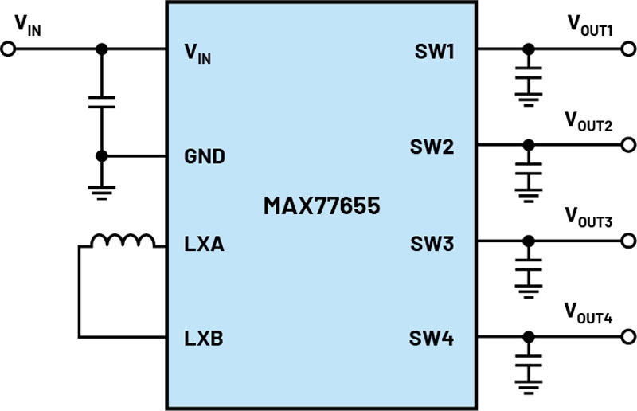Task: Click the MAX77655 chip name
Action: pyautogui.click(x=322, y=205)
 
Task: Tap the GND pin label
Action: pyautogui.click(x=205, y=156)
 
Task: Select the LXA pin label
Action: pyautogui.click(x=204, y=244)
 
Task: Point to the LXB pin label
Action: pyautogui.click(x=204, y=339)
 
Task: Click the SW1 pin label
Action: pyautogui.click(x=434, y=51)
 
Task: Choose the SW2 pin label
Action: pyautogui.click(x=432, y=147)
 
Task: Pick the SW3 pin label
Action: pyautogui.click(x=432, y=244)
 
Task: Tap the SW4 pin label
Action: pyautogui.click(x=432, y=339)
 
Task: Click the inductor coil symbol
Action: pyautogui.click(x=123, y=241)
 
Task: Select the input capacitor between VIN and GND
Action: pyautogui.click(x=102, y=103)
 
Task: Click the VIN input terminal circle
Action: pyautogui.click(x=8, y=49)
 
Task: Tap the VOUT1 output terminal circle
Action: pyautogui.click(x=628, y=49)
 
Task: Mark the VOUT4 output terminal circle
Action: pyautogui.click(x=628, y=337)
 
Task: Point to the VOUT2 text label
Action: pyautogui.click(x=588, y=121)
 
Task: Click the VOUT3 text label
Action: pyautogui.click(x=588, y=217)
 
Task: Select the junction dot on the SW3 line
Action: pyautogui.click(x=529, y=241)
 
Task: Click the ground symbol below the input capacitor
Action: pyautogui.click(x=102, y=193)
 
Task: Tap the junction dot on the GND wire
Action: pyautogui.click(x=102, y=155)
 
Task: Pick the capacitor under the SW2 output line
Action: pyautogui.click(x=529, y=169)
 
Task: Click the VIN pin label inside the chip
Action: pyautogui.click(x=197, y=53)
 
